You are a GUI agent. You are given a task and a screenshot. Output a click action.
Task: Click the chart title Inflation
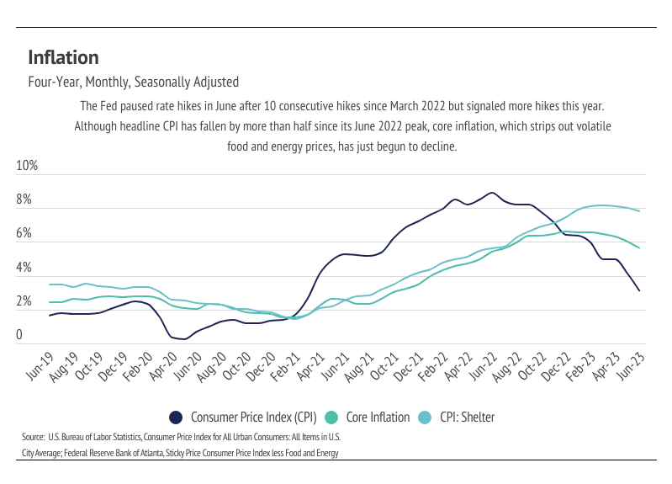(x=63, y=57)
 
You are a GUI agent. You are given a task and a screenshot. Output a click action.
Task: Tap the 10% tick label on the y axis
(x=28, y=166)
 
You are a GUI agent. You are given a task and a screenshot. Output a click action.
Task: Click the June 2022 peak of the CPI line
(x=492, y=193)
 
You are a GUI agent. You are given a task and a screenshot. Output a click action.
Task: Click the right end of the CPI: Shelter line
(x=639, y=211)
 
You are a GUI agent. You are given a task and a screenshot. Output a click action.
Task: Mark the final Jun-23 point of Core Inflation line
(x=639, y=247)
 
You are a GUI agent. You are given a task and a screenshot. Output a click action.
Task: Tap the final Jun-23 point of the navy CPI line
(x=639, y=291)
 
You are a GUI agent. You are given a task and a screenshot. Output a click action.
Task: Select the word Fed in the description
(x=108, y=107)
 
